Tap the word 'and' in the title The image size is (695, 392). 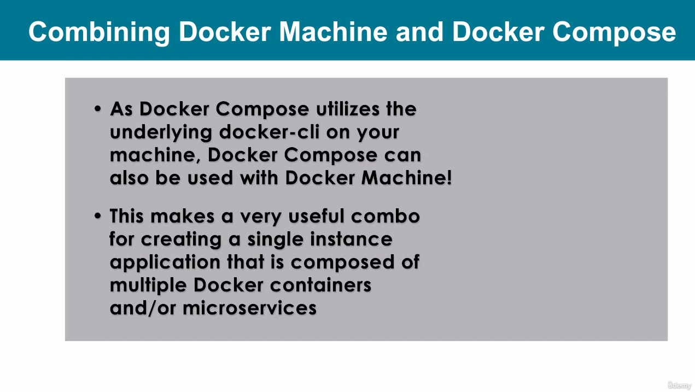coord(419,32)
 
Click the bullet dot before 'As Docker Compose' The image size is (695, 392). coord(98,109)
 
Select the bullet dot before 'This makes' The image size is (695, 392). coord(98,215)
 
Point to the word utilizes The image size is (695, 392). coord(348,109)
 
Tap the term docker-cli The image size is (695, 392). coord(270,132)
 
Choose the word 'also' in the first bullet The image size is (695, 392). coord(129,178)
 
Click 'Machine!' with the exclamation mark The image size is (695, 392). coord(407,178)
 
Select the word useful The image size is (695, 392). coord(317,216)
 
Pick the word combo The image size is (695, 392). coord(386,216)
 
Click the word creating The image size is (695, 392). coord(181,239)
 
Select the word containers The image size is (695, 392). coord(320,285)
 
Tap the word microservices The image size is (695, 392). coord(250,308)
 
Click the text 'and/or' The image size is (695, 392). coord(143,308)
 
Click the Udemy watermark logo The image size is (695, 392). coord(680,385)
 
